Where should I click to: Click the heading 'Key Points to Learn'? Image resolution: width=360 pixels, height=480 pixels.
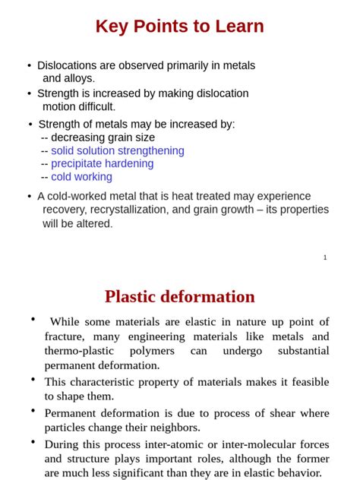pos(180,27)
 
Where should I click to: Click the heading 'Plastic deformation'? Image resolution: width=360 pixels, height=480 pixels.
pos(180,296)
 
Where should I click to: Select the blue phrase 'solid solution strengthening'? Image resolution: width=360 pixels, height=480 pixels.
pos(118,150)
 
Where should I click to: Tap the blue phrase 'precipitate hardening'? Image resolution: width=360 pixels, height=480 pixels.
pos(103,163)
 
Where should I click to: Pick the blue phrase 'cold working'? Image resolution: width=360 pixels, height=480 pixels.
pos(82,177)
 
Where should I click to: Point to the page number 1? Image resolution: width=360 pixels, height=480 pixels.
pos(325,257)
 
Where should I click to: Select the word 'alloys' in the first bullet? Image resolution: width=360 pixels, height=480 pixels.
pos(78,78)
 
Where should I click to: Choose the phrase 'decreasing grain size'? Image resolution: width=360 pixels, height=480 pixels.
pos(103,137)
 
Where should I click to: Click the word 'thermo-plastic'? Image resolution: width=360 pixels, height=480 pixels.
pos(79,351)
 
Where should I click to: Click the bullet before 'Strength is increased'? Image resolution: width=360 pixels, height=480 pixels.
pos(29,93)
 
